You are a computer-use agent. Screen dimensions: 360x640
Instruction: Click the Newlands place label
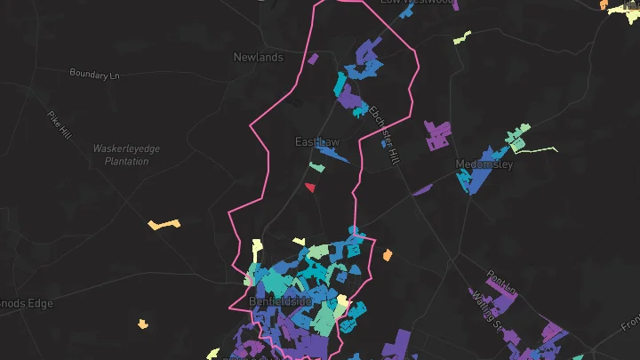(x=258, y=58)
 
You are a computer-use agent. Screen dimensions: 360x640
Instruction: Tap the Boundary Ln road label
(x=94, y=75)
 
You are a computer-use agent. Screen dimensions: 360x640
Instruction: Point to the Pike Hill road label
(x=60, y=124)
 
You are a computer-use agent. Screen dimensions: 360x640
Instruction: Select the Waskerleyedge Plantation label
(x=126, y=155)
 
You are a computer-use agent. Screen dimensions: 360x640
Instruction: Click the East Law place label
(x=317, y=141)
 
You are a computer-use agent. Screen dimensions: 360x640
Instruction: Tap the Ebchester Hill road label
(x=384, y=134)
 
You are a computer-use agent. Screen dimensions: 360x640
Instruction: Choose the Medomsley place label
(x=484, y=164)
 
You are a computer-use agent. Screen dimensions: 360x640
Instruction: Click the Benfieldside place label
(x=281, y=301)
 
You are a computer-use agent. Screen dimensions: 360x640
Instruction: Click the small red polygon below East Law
(x=310, y=187)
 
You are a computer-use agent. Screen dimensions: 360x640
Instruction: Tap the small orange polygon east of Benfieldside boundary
(x=388, y=255)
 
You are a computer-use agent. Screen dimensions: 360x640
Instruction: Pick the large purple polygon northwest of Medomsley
(x=437, y=136)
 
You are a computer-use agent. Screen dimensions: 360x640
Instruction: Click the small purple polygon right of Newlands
(x=313, y=59)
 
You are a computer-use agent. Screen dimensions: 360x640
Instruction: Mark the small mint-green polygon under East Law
(x=316, y=166)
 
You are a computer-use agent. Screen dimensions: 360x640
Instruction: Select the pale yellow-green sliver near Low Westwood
(x=461, y=37)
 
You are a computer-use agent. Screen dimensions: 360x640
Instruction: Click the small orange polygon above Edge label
(x=143, y=324)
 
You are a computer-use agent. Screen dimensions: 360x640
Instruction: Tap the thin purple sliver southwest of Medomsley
(x=422, y=188)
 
